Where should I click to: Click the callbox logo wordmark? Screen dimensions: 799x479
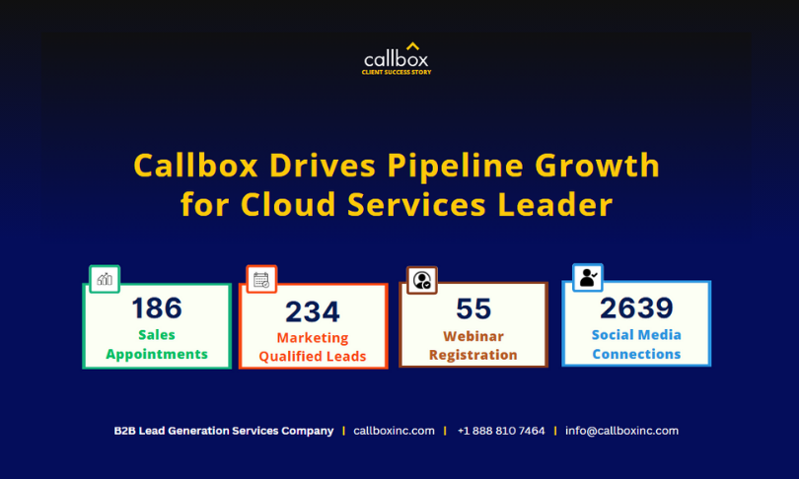(396, 59)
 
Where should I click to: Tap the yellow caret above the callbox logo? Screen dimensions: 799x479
(412, 46)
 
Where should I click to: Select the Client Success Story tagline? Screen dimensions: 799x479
(397, 72)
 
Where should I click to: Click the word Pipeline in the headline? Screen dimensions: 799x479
(455, 166)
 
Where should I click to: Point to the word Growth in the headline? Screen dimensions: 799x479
(597, 166)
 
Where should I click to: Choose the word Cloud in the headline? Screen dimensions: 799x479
(288, 205)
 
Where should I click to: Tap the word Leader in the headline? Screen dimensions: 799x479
(555, 205)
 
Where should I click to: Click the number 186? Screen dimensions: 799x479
(157, 308)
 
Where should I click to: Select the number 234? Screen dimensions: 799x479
(313, 311)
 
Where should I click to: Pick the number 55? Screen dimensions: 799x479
(473, 308)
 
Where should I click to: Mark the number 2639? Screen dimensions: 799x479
(636, 308)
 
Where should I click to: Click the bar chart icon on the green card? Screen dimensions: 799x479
(105, 279)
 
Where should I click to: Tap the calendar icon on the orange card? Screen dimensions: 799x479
(261, 280)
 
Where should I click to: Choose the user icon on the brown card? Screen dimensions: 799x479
(422, 280)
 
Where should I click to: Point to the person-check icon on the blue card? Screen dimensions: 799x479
(588, 277)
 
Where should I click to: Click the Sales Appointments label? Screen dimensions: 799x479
(157, 345)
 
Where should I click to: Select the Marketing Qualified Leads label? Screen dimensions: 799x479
(313, 347)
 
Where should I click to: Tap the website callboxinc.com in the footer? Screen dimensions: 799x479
(394, 431)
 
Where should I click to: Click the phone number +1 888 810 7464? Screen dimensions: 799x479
(501, 431)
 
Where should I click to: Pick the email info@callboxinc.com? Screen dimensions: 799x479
(621, 431)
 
